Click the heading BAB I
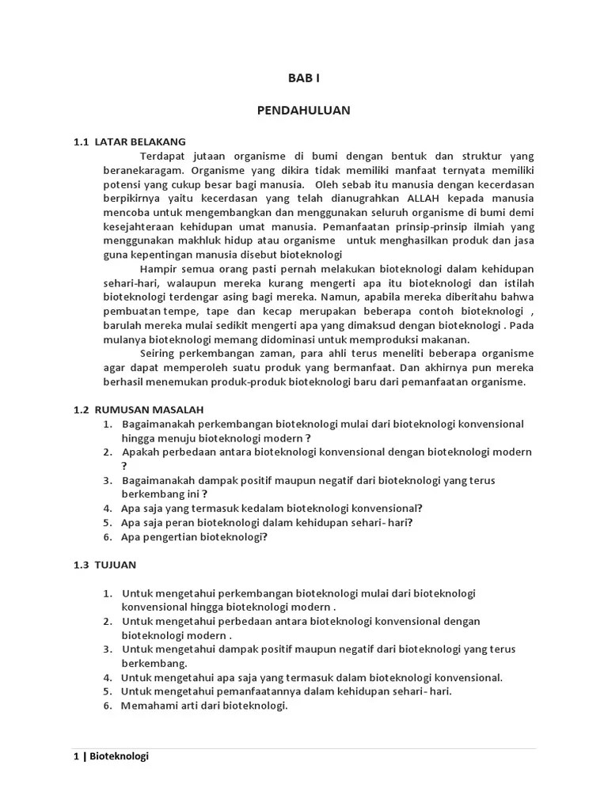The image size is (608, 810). [303, 79]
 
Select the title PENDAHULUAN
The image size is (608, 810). [303, 110]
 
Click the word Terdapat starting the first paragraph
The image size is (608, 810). [164, 156]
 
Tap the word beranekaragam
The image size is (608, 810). [142, 170]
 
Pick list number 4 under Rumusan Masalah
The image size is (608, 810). [107, 509]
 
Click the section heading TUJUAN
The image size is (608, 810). [116, 565]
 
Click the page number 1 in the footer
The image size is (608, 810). [76, 756]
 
